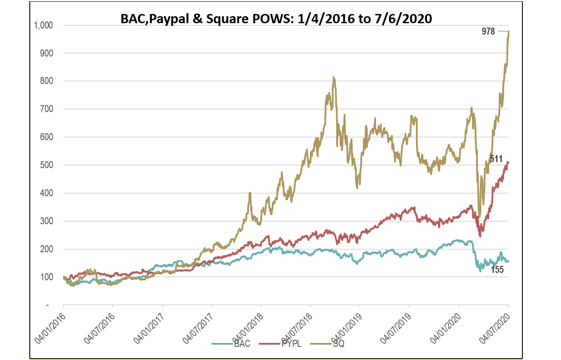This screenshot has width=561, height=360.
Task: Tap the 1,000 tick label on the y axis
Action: (x=43, y=25)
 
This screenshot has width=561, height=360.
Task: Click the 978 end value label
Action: (x=488, y=32)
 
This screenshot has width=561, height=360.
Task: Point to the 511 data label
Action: (x=496, y=159)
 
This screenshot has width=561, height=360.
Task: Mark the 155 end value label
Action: (x=497, y=270)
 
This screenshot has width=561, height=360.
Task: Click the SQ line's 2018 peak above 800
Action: (x=334, y=78)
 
